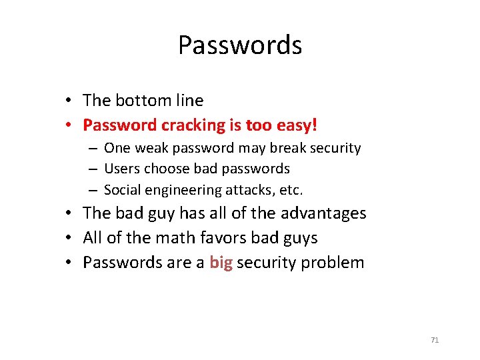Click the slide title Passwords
coord(240,45)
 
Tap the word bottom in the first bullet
coord(141,101)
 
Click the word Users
coord(122,169)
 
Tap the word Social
coord(123,190)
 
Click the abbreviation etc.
coord(291,190)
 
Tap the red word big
coord(221,263)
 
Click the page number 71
coord(435,340)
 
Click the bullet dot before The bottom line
coord(69,101)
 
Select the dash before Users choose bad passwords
coord(97,169)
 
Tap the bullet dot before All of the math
coord(69,239)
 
